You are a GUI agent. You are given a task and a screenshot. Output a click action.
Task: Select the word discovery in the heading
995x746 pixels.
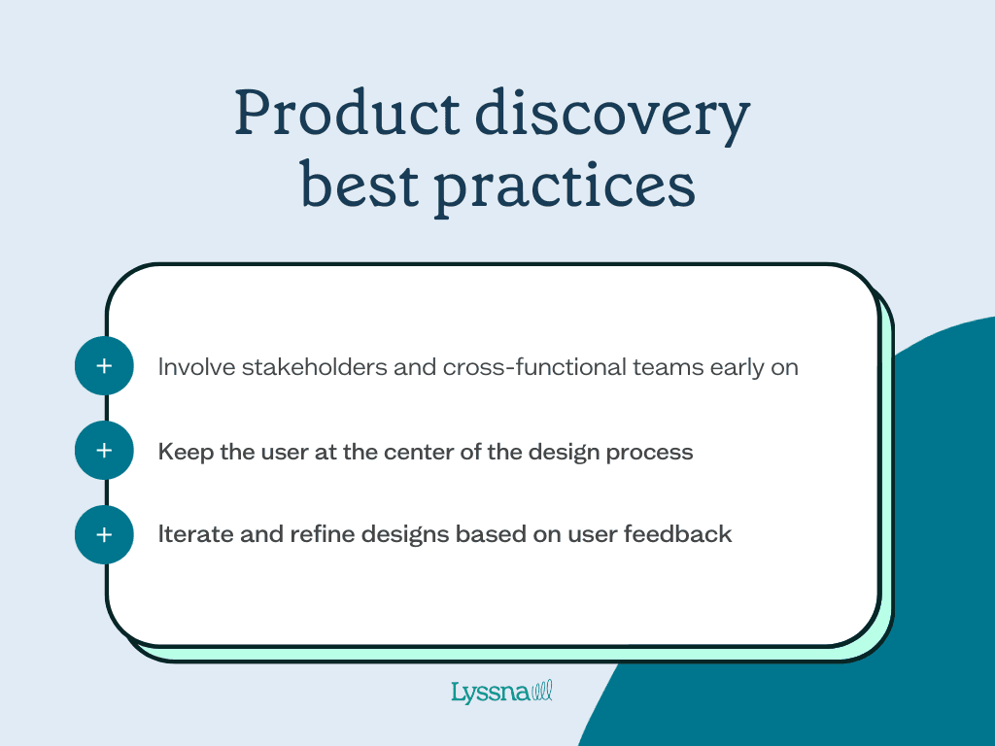point(612,115)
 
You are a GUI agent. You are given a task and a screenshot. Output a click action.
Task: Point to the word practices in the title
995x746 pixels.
point(565,186)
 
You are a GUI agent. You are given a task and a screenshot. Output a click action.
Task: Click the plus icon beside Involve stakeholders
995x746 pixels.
point(104,366)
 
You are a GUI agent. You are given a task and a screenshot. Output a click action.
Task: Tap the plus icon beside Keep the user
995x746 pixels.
point(104,451)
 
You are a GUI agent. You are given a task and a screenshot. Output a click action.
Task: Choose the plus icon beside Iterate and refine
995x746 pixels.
point(104,534)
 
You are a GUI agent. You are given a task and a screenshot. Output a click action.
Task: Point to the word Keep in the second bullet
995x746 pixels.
point(181,452)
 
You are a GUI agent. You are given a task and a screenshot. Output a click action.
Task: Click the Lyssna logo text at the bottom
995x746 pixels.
point(488,693)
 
